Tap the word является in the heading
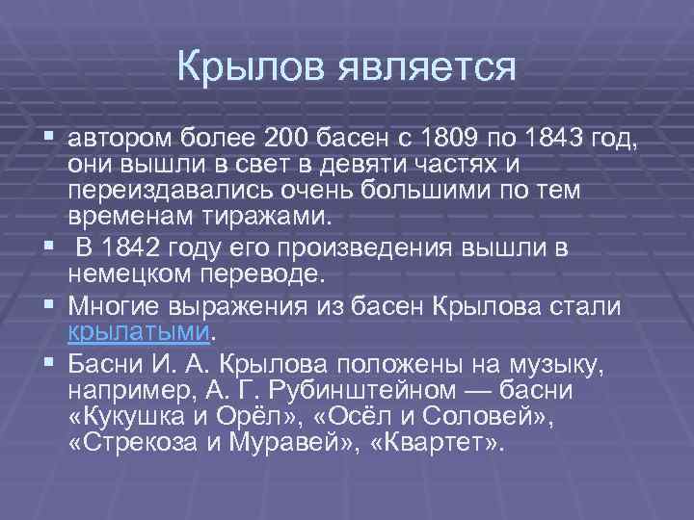coord(424,66)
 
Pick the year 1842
coord(132,248)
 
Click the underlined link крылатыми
coord(138,332)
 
